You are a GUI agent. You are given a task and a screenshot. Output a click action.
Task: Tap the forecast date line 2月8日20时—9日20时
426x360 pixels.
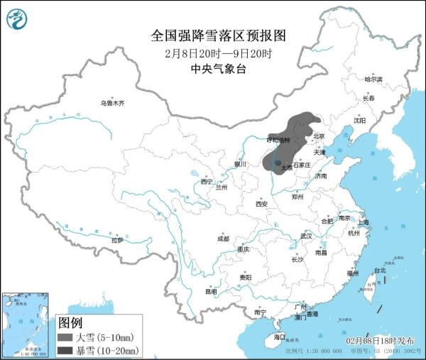pos(212,53)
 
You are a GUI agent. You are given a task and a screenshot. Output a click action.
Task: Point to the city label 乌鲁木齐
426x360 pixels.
pos(111,104)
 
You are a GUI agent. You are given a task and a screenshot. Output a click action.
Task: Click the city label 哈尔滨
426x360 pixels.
pos(373,79)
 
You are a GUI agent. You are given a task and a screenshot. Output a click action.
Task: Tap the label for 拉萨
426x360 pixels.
pos(117,240)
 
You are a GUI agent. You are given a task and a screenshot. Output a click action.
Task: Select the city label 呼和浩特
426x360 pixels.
pos(278,140)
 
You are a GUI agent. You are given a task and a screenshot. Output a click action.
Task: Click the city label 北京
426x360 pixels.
pos(319,136)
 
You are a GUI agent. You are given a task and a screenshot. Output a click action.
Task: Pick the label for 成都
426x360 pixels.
pos(224,238)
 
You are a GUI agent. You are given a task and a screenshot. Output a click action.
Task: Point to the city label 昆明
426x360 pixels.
pos(211,291)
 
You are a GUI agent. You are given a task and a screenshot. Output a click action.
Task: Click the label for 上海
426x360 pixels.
pos(364,222)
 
